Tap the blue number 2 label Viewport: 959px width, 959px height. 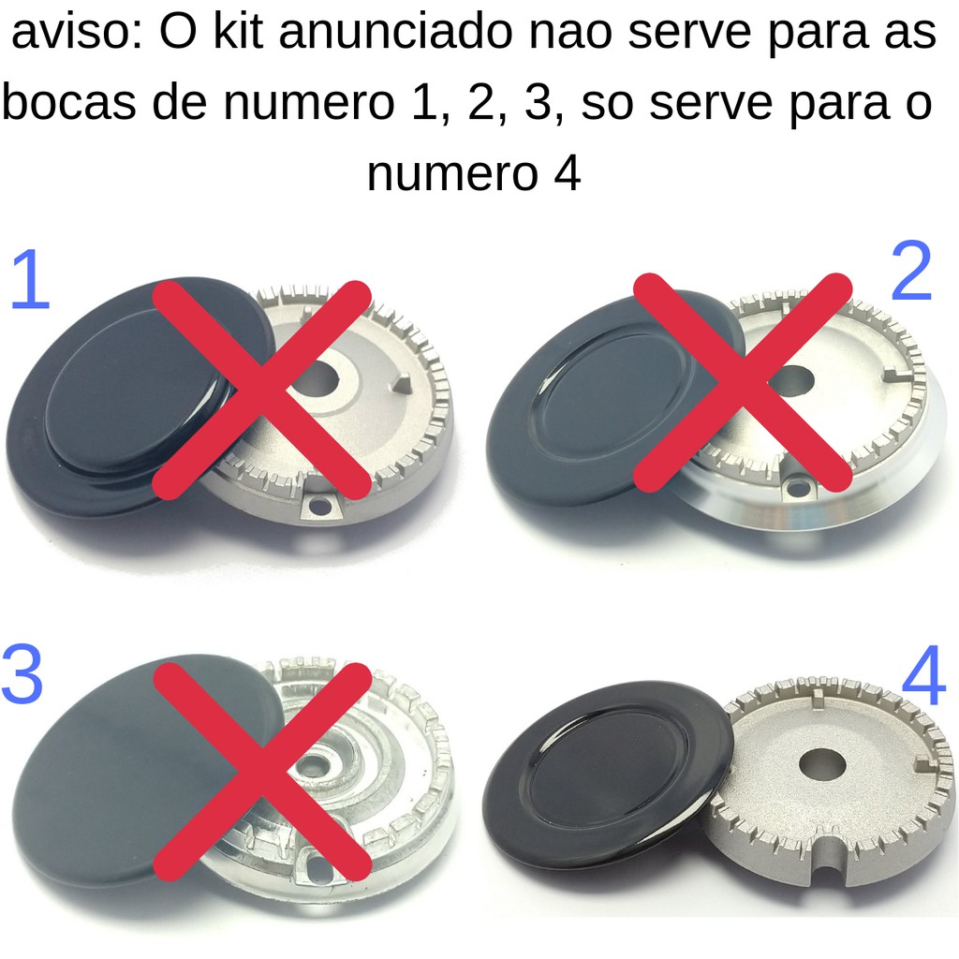tap(911, 271)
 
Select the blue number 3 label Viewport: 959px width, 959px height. tap(22, 675)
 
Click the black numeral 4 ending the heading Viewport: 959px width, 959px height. tap(567, 173)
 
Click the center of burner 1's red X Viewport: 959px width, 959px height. tap(262, 390)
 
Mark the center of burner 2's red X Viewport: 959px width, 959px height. tap(743, 383)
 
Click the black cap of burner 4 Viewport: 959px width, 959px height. tap(609, 773)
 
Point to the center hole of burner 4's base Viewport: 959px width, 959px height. tap(822, 766)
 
